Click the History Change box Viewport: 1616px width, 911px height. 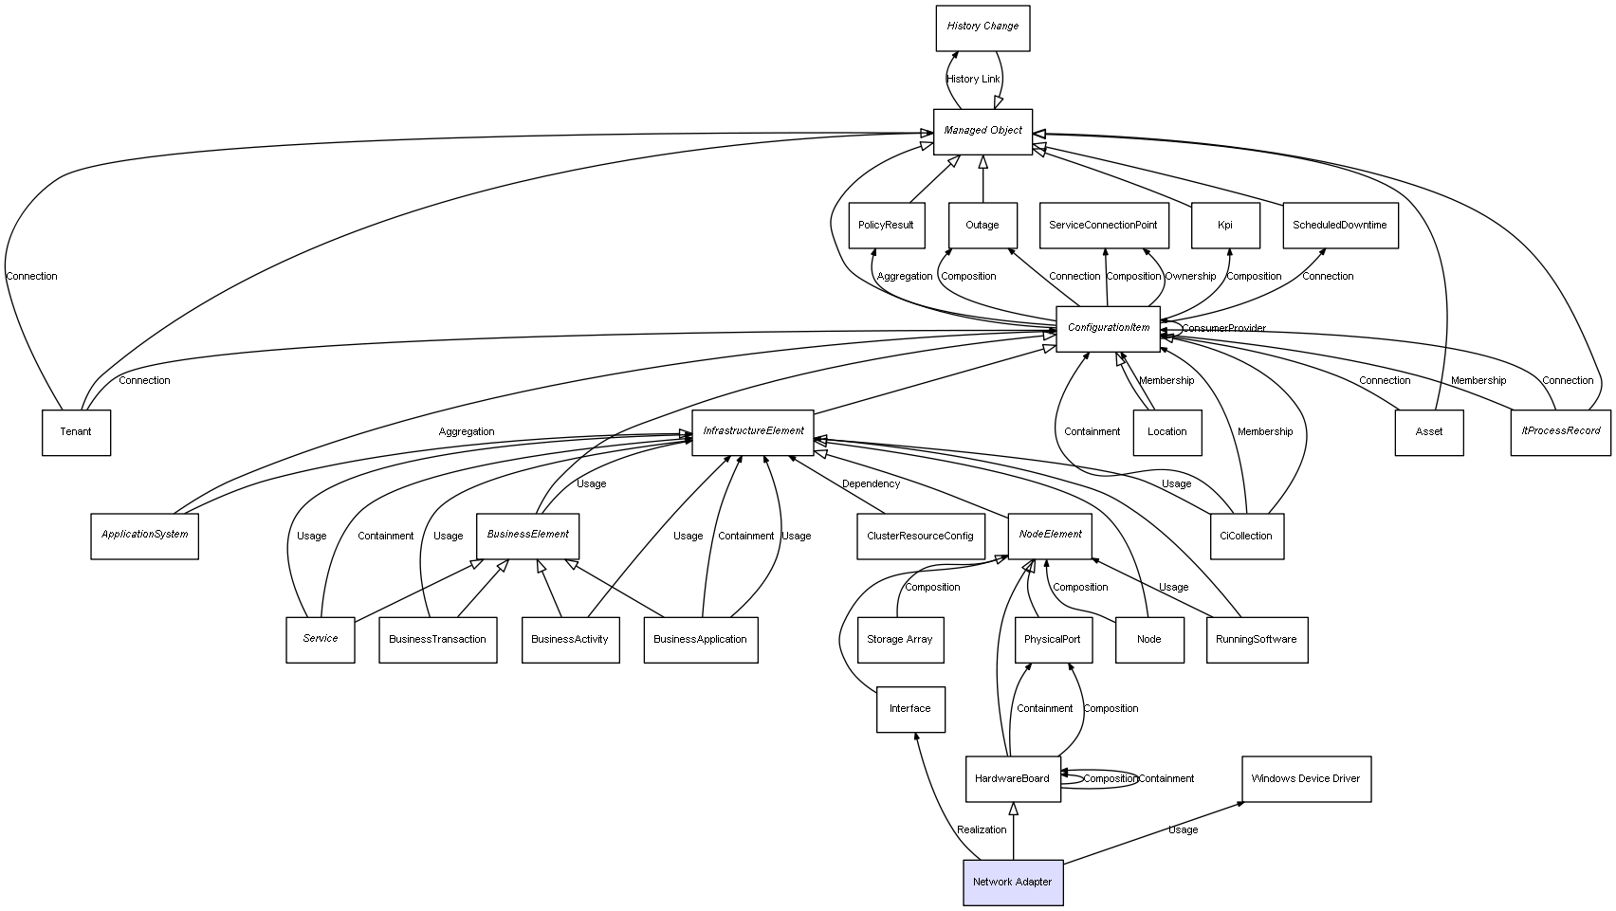(982, 27)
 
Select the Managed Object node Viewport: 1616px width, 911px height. (982, 131)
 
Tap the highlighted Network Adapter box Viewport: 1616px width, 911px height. (1013, 883)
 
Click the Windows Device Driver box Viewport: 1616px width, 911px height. (1306, 779)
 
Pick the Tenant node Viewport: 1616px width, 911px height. (76, 432)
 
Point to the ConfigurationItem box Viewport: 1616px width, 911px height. (1108, 329)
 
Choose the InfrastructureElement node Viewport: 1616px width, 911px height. (753, 432)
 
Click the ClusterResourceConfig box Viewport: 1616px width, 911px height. (920, 537)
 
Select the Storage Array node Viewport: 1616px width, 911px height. (900, 640)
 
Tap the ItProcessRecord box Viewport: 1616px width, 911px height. (1560, 432)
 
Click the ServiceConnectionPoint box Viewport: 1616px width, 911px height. (1103, 226)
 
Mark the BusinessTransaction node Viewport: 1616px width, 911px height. (437, 640)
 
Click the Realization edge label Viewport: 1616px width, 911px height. (982, 830)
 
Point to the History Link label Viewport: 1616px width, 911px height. (973, 80)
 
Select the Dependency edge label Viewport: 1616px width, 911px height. (871, 484)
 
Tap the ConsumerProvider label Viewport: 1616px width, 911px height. (1223, 329)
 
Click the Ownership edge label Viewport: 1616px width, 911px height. (1190, 277)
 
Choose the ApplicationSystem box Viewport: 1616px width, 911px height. (144, 536)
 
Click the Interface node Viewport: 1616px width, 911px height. (910, 709)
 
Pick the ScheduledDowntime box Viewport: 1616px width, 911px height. (1339, 226)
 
